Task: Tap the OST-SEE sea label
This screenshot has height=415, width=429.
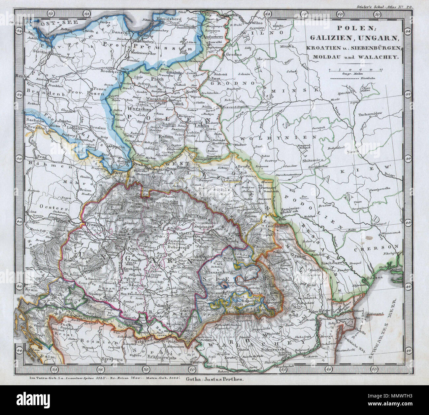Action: click(x=42, y=24)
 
